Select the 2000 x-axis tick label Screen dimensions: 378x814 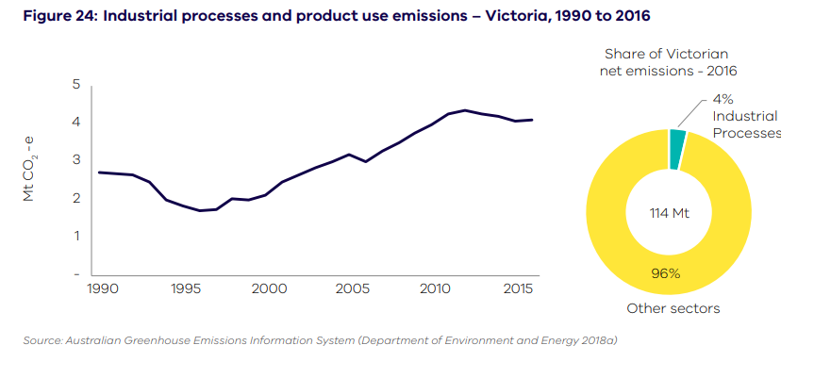(269, 288)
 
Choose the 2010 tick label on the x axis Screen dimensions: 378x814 (434, 288)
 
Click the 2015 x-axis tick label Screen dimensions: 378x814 (517, 288)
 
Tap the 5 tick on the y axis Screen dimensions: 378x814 (75, 86)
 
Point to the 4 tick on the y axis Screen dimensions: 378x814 (75, 123)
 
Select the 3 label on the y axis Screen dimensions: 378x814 (75, 160)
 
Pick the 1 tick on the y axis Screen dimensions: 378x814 (75, 235)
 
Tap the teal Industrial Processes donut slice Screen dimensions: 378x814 (677, 149)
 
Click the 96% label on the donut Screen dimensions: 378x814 (669, 274)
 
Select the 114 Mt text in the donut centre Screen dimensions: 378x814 (669, 213)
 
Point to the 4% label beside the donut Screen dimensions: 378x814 (723, 98)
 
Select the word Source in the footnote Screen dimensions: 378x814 (42, 340)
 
